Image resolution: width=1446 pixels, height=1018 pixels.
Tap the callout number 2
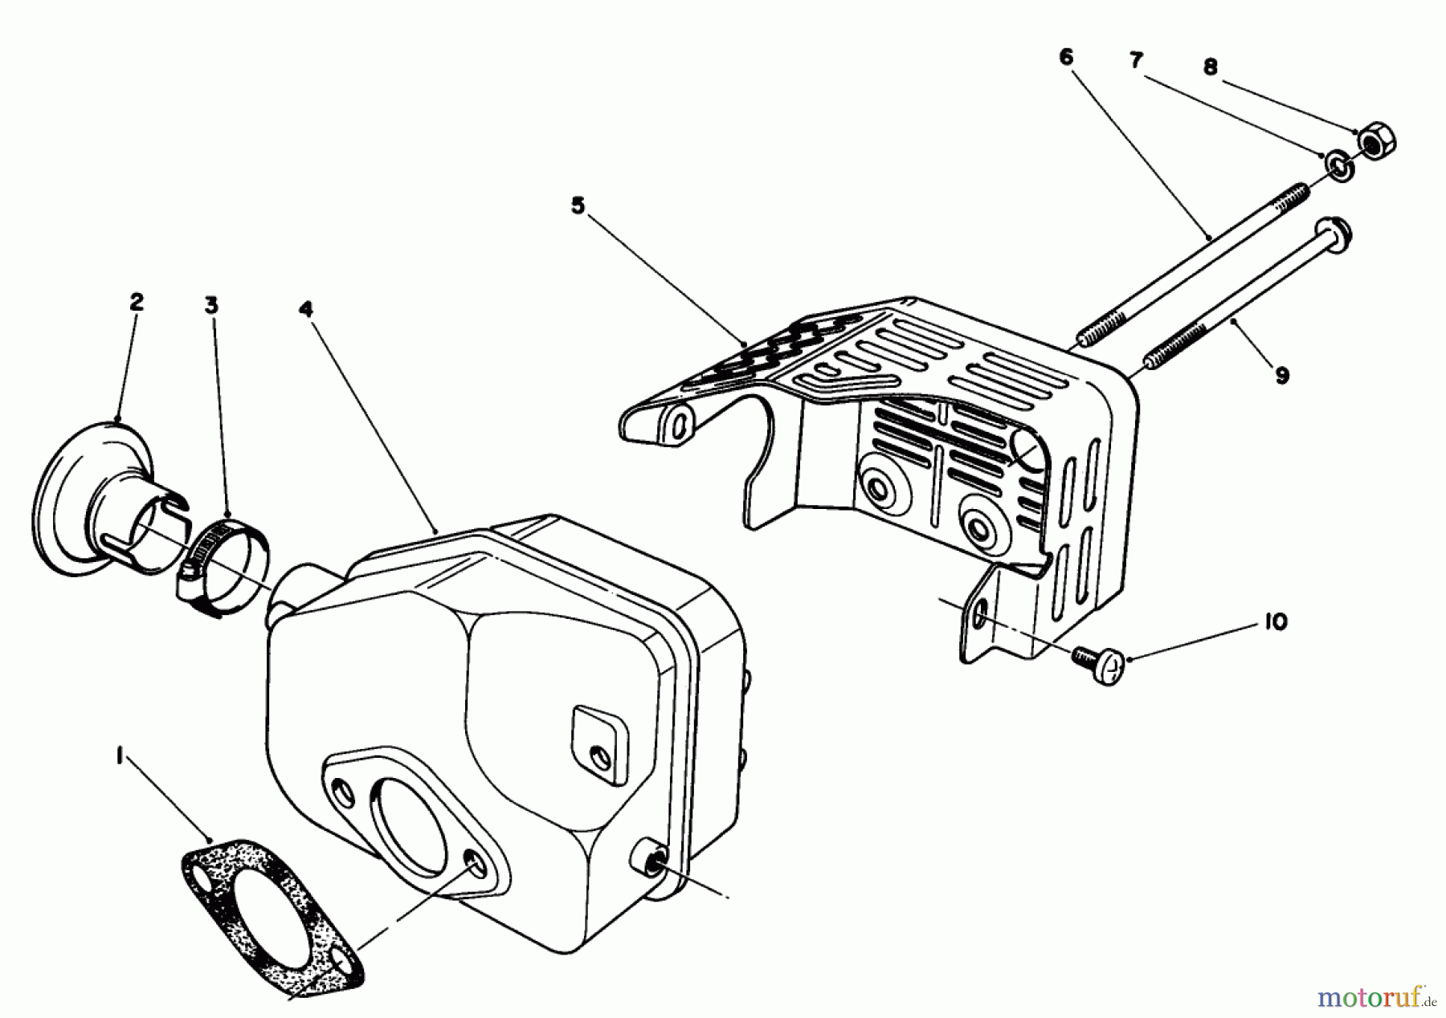pos(136,302)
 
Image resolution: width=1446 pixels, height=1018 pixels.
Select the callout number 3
pos(210,305)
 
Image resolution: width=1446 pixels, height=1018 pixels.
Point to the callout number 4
pos(306,309)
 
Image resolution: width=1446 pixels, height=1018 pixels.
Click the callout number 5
pos(578,206)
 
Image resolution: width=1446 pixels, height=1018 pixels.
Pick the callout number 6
pos(1066,56)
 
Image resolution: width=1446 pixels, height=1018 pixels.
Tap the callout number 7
pos(1137,60)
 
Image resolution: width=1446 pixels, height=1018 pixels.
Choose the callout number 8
pos(1211,67)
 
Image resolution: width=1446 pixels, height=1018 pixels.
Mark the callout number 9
pos(1282,374)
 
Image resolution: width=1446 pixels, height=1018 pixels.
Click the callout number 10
pos(1275,622)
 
